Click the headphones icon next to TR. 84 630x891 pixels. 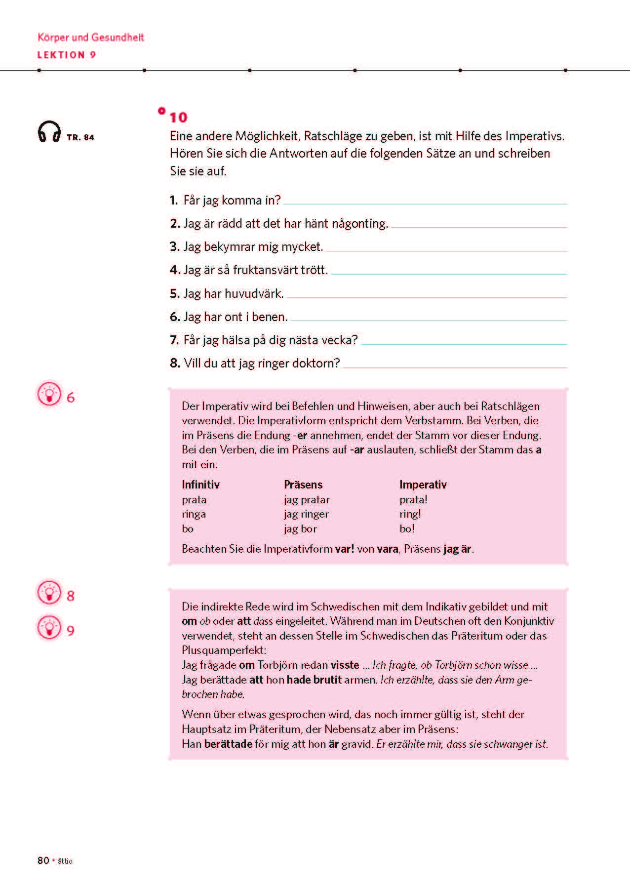click(49, 132)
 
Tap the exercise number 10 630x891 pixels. click(178, 118)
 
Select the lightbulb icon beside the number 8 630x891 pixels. click(49, 593)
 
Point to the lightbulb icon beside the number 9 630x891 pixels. click(49, 628)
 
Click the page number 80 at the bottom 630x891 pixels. click(43, 860)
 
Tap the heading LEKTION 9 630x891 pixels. click(67, 55)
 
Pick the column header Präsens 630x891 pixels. click(303, 485)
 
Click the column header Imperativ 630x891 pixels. click(423, 485)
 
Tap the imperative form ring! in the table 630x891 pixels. click(410, 514)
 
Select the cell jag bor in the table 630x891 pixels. click(300, 528)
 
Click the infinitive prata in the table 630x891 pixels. click(194, 499)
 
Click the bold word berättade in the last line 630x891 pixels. click(228, 744)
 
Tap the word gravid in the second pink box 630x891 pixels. click(356, 744)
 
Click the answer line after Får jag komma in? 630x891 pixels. click(425, 202)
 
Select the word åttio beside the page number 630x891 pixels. click(65, 861)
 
